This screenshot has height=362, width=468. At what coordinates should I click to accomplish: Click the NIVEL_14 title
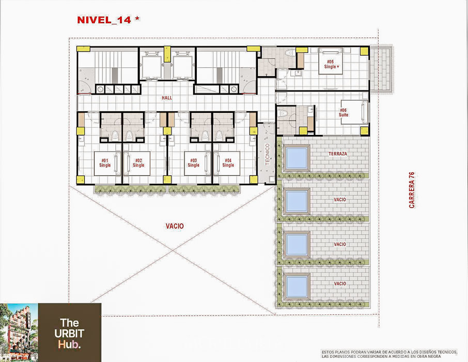pos(104,20)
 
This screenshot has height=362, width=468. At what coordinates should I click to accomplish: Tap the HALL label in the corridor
pos(167,98)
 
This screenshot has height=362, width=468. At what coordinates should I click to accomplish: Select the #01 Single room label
pos(105,163)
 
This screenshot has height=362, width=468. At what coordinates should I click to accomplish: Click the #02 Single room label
pos(138,163)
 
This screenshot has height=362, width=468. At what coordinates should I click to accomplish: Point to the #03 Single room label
pos(193,163)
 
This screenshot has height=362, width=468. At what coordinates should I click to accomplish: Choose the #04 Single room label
pos(228,163)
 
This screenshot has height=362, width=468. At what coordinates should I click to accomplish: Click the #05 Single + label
pos(332,65)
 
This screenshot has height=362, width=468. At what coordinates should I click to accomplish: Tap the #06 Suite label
pos(343,112)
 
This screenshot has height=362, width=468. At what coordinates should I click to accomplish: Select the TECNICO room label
pos(268,155)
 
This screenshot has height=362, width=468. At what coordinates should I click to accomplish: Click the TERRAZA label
pos(338,154)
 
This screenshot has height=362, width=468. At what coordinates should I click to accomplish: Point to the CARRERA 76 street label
pos(412,190)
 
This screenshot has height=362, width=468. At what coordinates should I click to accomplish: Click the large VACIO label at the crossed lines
pos(175,227)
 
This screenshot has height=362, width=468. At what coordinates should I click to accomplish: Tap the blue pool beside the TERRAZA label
pos(297,158)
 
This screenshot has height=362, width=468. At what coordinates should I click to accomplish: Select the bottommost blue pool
pos(297,286)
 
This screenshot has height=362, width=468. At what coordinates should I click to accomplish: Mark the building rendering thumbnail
pos(19,333)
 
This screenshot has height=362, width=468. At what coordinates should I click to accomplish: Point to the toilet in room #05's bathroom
pos(289,53)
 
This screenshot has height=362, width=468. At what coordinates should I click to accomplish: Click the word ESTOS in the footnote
pos(327,352)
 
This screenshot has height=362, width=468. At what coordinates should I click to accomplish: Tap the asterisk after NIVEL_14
pos(137,19)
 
